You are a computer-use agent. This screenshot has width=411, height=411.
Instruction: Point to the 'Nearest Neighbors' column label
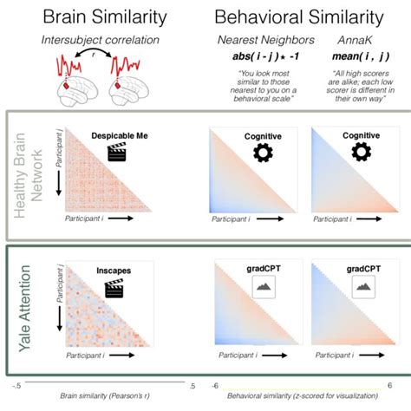(x=256, y=40)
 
